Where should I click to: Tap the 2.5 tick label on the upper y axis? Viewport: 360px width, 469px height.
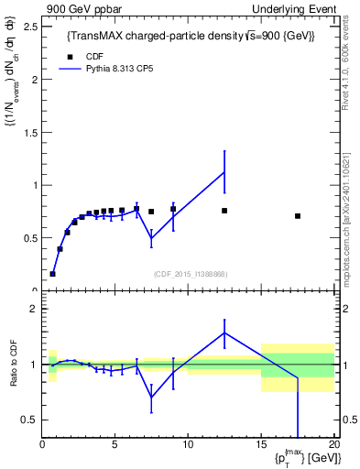point(28,26)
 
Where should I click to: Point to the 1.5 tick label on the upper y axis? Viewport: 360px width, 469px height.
point(28,132)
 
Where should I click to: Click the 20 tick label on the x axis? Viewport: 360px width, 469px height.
point(333,444)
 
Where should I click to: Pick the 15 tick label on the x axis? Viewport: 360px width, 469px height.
point(261,444)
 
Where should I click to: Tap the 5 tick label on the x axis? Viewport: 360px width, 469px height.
point(115,444)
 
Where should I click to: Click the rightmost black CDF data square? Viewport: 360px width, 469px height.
point(298,216)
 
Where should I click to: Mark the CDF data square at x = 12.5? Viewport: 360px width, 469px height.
point(224,211)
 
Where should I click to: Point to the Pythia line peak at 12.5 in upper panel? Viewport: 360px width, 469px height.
point(224,171)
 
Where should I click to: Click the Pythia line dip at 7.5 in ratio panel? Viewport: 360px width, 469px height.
point(151,397)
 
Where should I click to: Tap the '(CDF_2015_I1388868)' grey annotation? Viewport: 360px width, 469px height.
point(191,273)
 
